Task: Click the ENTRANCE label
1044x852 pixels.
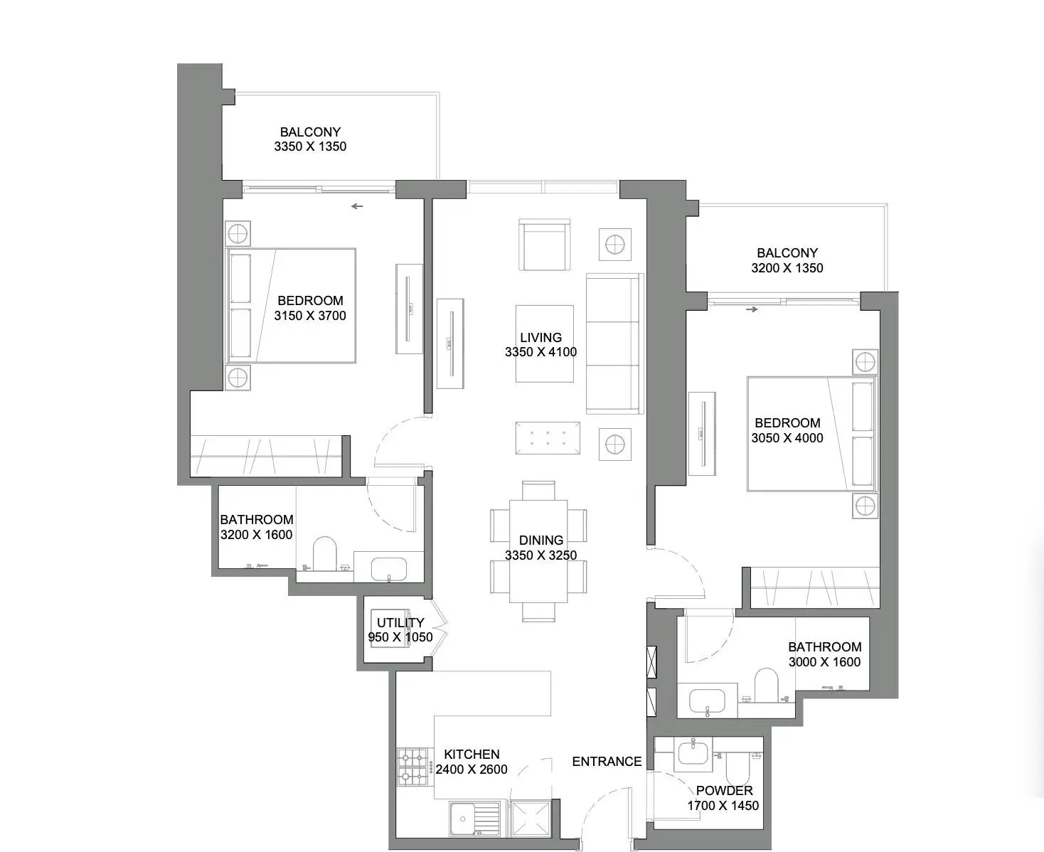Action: tap(607, 762)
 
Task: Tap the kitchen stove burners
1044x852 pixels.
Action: tap(412, 767)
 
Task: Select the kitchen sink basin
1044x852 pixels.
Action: tap(462, 819)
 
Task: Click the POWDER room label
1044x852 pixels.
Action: tap(724, 791)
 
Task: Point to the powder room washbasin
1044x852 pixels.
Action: tap(695, 753)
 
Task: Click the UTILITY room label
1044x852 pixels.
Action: tap(400, 623)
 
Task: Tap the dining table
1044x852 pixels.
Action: tap(538, 551)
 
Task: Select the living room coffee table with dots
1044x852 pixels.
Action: tap(548, 438)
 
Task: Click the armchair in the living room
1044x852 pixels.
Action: tap(545, 245)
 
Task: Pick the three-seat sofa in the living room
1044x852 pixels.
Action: tap(615, 344)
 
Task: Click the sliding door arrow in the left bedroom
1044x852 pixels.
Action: tap(357, 206)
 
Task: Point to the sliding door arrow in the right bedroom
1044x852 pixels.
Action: tap(752, 309)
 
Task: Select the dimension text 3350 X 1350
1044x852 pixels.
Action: tap(310, 147)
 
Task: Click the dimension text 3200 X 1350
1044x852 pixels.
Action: tap(787, 268)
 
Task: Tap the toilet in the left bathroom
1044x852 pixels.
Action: tap(325, 553)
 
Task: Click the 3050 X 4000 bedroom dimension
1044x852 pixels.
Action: tap(787, 438)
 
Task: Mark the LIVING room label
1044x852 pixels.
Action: tap(540, 338)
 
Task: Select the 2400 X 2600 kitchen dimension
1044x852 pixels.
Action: tap(472, 770)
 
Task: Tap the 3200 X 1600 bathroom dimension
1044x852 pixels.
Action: tap(257, 535)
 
